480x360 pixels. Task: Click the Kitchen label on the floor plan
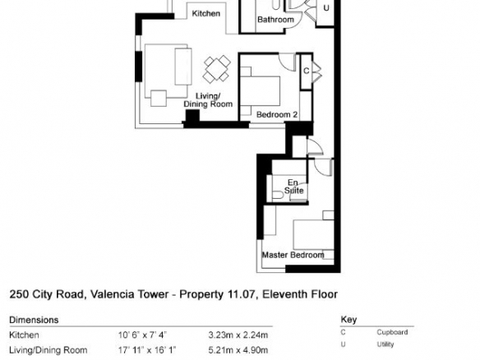coord(205,13)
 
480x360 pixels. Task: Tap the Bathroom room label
coord(275,20)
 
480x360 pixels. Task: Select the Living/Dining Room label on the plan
coord(208,100)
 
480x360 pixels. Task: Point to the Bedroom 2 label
coord(277,115)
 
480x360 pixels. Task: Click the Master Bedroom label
coord(293,255)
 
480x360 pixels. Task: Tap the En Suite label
coord(294,187)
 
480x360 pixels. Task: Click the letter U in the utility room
coord(326,8)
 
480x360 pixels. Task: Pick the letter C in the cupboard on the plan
coord(306,71)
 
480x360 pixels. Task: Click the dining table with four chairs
coord(217,69)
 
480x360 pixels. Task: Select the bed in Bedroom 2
coord(261,91)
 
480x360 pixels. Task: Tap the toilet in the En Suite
coord(278,195)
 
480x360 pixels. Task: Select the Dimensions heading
coord(34,320)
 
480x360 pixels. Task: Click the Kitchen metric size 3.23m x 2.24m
coord(238,335)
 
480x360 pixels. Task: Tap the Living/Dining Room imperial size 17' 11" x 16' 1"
coord(147,350)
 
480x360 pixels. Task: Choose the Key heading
coord(348,320)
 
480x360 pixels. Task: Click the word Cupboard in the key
coord(392,332)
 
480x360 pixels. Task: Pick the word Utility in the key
coord(385,344)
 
